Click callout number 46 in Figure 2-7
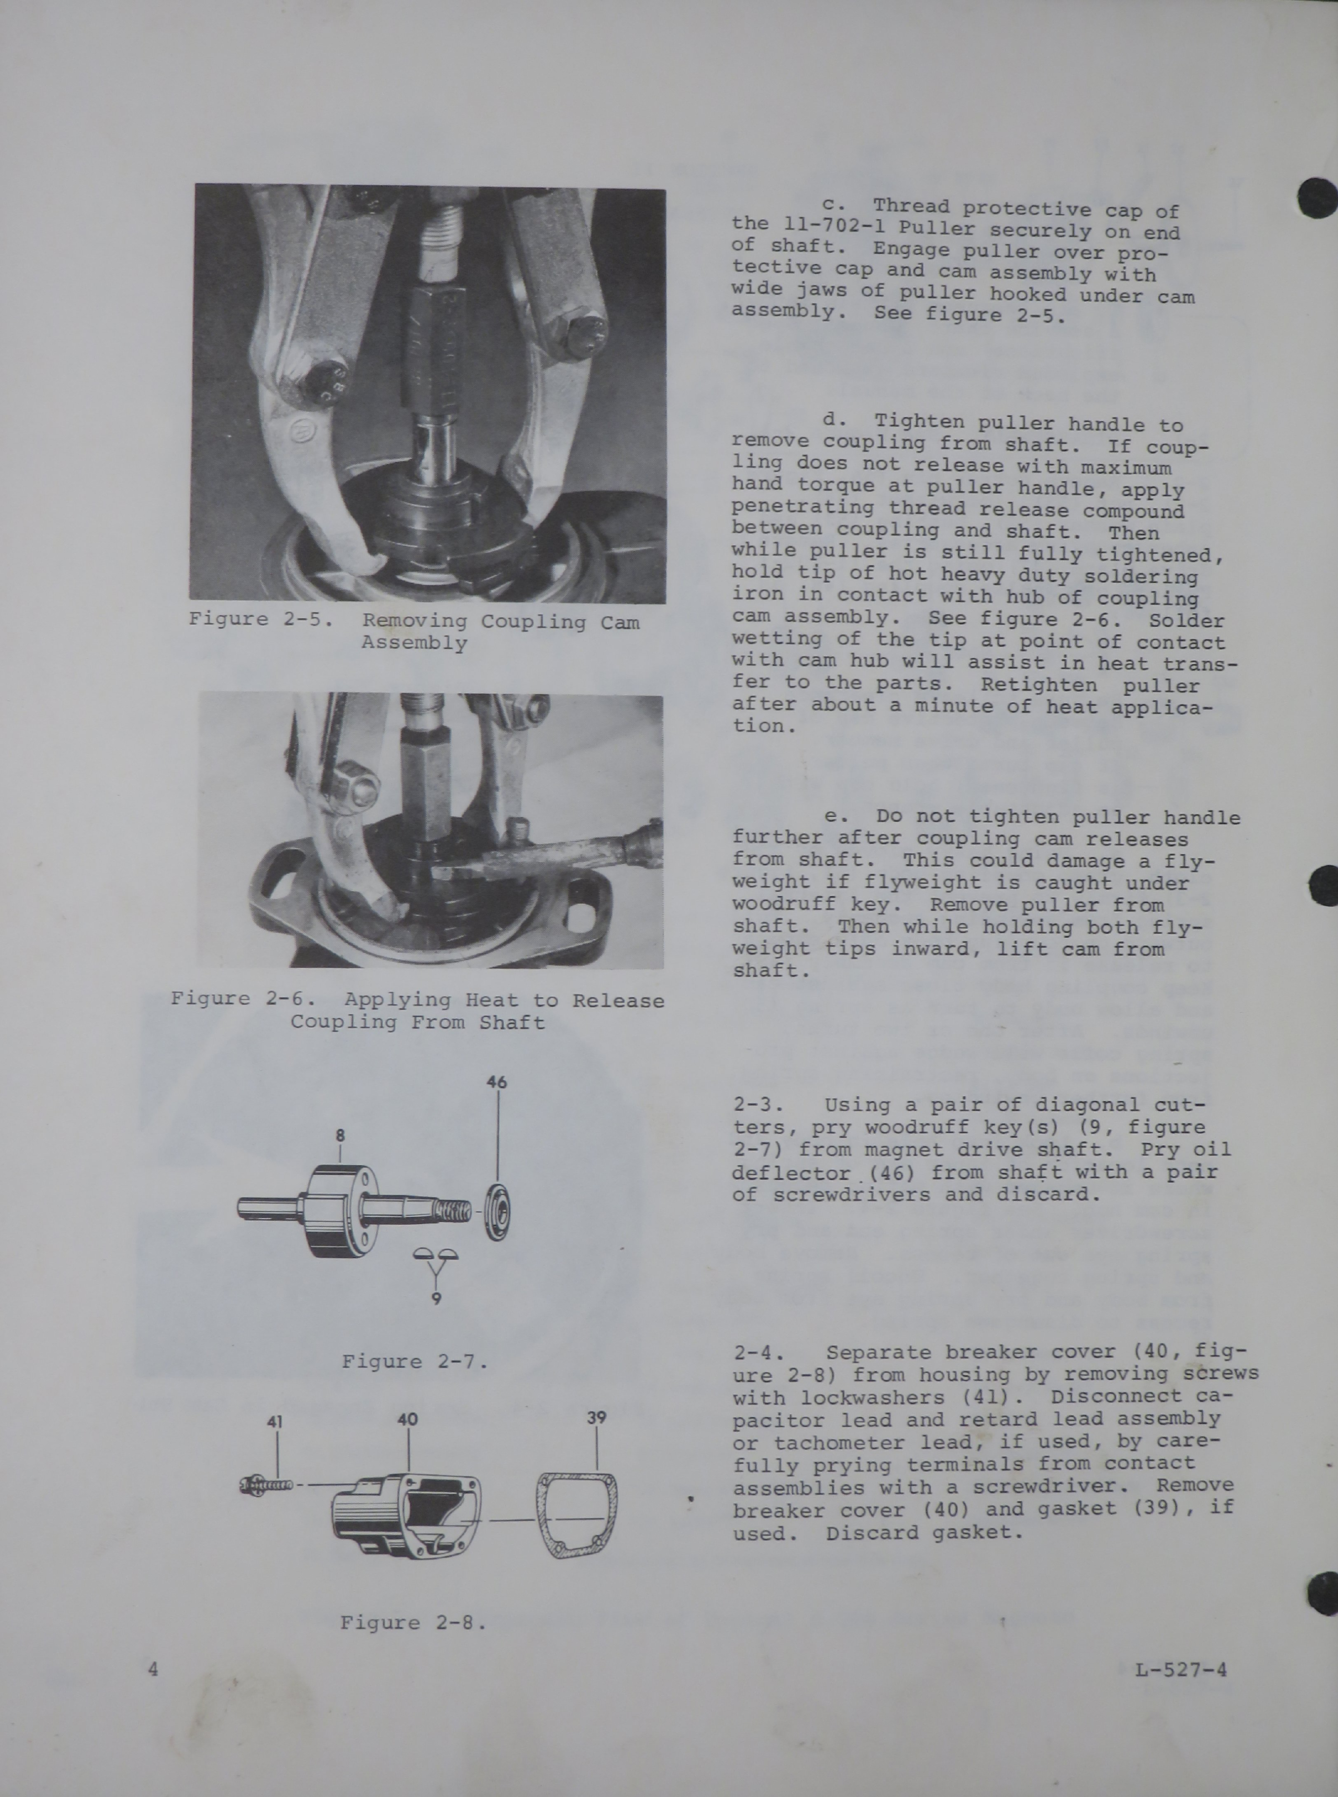pyautogui.click(x=496, y=1082)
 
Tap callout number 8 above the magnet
pyautogui.click(x=340, y=1136)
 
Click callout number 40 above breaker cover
pyautogui.click(x=407, y=1420)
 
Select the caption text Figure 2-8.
pyautogui.click(x=413, y=1622)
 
